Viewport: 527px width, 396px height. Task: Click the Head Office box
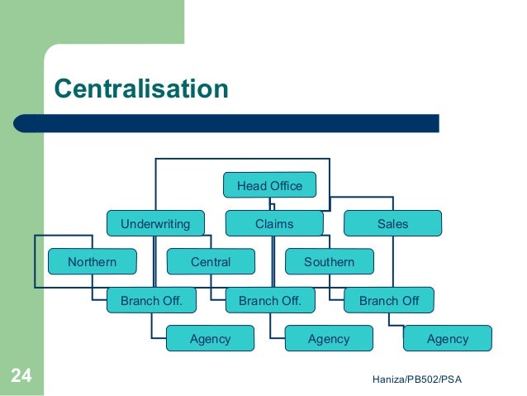269,186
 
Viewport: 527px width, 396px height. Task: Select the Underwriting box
155,224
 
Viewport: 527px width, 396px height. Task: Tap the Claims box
273,224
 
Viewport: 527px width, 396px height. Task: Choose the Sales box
392,224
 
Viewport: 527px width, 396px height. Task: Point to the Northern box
92,263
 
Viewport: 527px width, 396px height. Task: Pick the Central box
211,263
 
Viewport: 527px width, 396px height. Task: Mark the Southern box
329,263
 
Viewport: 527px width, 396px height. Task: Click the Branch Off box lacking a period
389,301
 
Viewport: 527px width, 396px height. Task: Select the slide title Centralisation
140,88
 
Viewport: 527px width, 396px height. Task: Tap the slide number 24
21,377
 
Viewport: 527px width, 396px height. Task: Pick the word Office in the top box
286,186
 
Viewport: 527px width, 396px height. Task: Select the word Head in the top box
251,186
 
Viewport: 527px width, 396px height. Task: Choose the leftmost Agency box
210,339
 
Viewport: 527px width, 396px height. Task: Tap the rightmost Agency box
448,339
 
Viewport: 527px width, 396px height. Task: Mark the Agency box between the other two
329,339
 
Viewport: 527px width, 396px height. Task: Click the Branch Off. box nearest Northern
152,301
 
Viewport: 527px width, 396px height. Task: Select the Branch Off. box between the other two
270,301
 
